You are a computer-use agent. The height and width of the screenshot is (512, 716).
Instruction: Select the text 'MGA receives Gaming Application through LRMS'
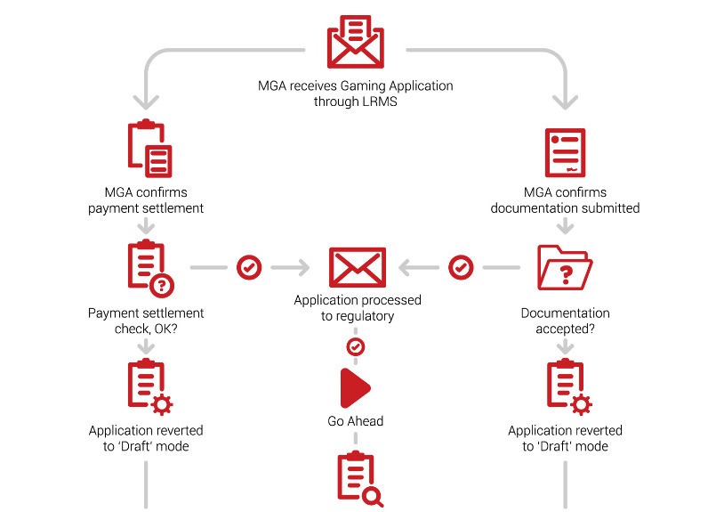356,93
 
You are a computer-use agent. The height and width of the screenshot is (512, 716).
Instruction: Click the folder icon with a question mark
565,266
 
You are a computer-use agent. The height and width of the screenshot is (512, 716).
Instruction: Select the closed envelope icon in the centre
357,267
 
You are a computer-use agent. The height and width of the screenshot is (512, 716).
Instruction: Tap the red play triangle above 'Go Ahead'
355,387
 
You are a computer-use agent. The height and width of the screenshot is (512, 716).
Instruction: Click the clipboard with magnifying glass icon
358,479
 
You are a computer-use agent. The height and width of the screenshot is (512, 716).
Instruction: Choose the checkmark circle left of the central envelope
250,266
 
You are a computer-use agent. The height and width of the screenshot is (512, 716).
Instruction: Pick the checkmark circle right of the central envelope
461,266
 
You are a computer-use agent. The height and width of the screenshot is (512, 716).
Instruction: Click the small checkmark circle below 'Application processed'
356,345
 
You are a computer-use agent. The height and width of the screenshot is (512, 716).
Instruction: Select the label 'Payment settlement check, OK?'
146,321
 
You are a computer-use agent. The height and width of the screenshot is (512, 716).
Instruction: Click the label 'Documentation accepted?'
565,321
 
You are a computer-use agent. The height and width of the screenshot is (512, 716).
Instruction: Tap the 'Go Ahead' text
356,420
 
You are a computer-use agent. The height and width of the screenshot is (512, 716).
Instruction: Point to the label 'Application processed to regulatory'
357,308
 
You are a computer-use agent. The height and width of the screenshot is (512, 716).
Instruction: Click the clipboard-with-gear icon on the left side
148,387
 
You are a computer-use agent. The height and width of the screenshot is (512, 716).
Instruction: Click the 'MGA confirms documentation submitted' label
565,200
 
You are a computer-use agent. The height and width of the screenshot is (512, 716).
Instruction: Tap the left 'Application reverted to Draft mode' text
146,438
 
